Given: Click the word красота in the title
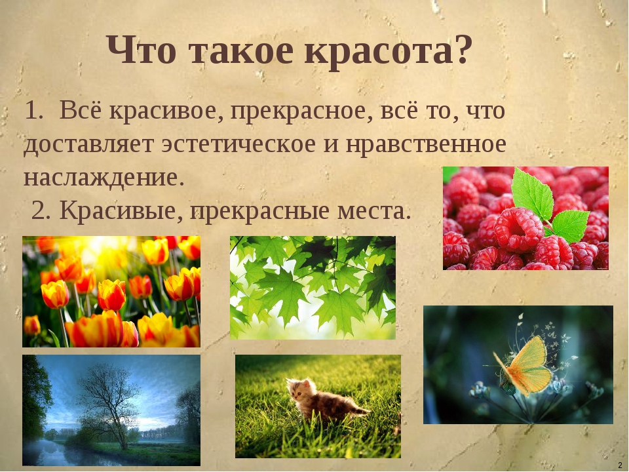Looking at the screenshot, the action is (x=380, y=50).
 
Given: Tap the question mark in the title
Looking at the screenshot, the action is (x=462, y=48).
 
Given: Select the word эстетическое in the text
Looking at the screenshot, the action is (x=238, y=144).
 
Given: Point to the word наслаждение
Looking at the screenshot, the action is (x=104, y=178).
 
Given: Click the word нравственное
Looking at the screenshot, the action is (x=426, y=144).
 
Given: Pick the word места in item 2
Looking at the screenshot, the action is (x=374, y=210).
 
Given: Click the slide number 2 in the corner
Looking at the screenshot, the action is (x=620, y=465).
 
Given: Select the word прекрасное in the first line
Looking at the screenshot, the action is (x=299, y=111).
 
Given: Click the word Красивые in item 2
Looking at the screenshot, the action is (x=118, y=210).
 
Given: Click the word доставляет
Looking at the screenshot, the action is (x=88, y=145).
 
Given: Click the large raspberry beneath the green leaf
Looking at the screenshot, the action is (x=518, y=230).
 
